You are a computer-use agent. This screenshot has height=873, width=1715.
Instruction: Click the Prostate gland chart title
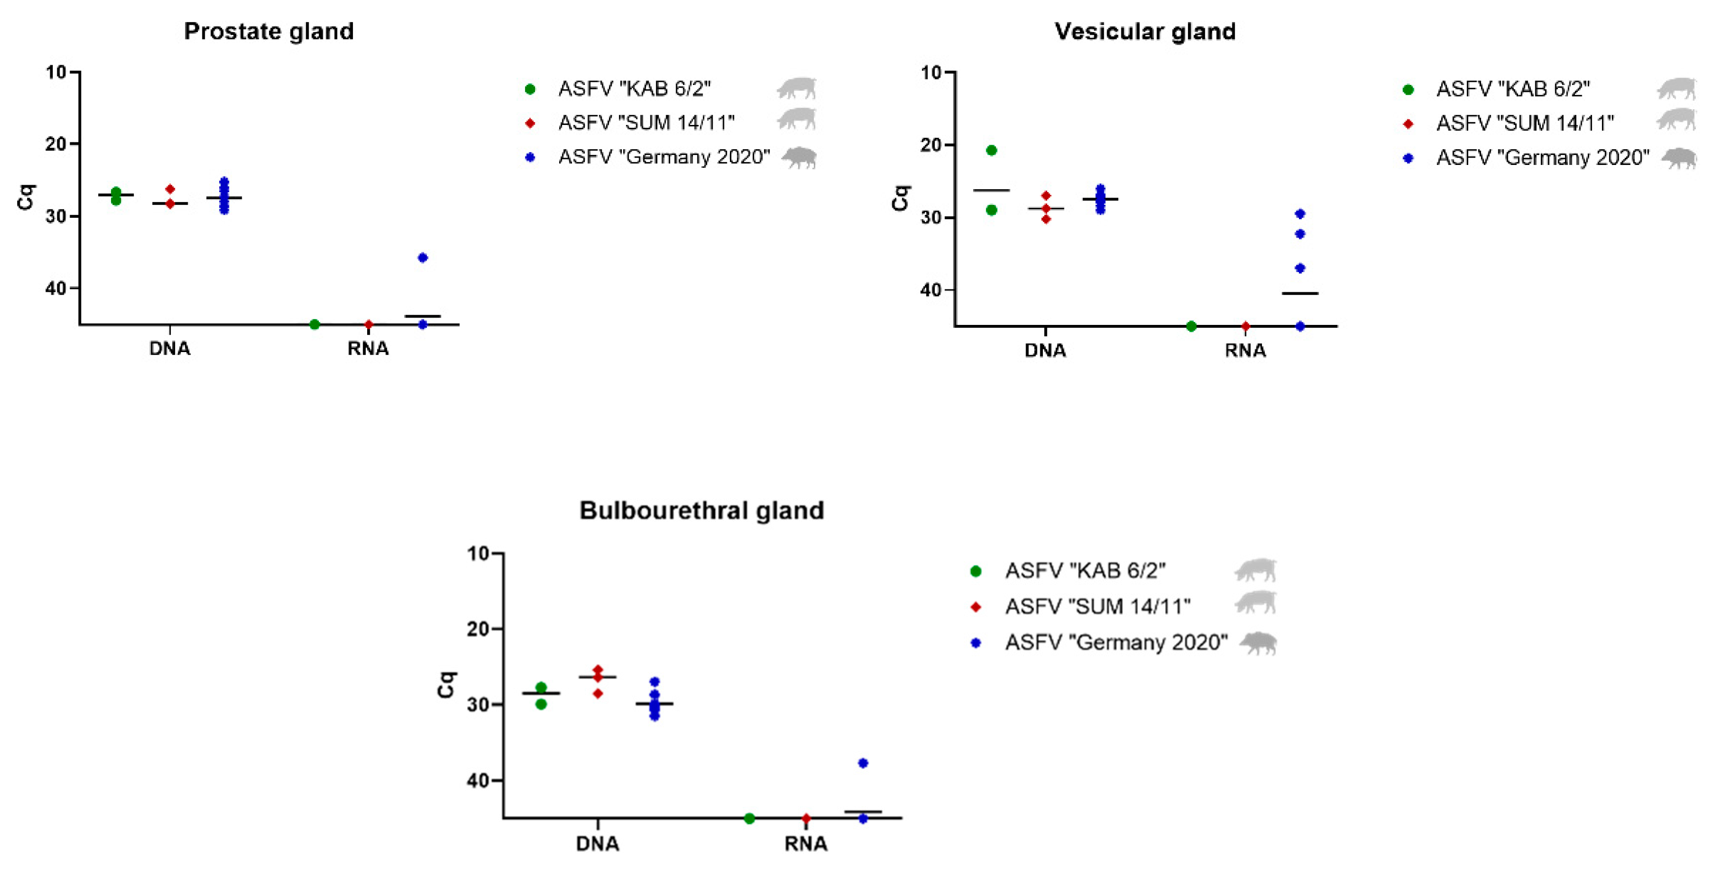point(268,31)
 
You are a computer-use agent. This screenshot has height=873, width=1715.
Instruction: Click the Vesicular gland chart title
point(1144,31)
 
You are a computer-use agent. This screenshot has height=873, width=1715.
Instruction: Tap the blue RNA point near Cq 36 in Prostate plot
point(422,258)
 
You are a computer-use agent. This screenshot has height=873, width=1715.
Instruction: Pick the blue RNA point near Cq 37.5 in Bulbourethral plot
point(863,763)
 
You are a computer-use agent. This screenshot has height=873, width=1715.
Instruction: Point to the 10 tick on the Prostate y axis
point(57,72)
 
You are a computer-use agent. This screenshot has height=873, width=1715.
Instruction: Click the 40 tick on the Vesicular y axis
point(932,290)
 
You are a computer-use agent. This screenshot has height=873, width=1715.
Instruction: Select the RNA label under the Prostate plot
point(368,348)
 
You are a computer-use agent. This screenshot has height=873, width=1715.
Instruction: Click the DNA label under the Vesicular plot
point(1045,350)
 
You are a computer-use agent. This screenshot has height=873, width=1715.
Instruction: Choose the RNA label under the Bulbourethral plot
point(805,844)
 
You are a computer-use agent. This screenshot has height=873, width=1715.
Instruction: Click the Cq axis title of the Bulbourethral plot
point(445,684)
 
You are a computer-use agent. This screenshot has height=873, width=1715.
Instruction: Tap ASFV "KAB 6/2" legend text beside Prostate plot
point(634,88)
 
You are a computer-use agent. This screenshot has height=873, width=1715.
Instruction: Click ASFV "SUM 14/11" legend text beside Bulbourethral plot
point(1097,607)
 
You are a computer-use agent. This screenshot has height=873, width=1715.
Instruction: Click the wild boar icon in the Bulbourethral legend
point(1258,643)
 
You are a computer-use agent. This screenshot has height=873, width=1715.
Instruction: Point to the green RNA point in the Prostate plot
point(314,324)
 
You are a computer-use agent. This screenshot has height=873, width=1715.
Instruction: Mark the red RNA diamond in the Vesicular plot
point(1245,326)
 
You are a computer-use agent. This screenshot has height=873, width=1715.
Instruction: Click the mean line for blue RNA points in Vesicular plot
point(1299,293)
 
